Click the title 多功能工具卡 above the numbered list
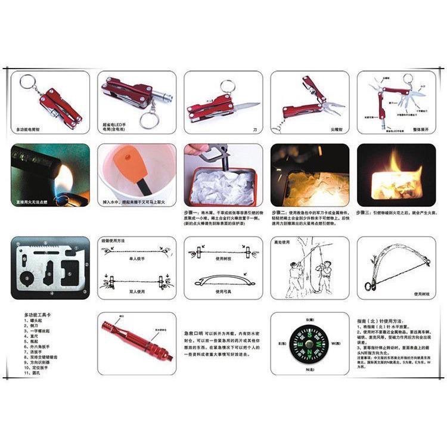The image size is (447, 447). (39, 314)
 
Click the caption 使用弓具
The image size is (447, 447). (223, 293)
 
